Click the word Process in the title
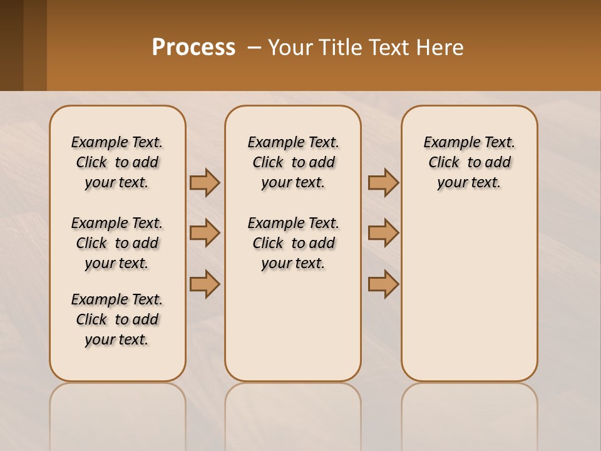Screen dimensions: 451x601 coord(193,48)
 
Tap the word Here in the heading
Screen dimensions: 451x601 coord(440,48)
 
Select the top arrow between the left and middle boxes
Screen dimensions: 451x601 coord(205,182)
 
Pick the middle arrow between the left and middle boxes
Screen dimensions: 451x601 coord(205,233)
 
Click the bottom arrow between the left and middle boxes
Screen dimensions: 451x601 coord(205,284)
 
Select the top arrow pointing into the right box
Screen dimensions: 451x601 coord(383,182)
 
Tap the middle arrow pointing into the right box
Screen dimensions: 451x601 coord(383,233)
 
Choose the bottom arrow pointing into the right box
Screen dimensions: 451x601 coord(383,284)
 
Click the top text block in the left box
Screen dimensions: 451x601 coord(117,162)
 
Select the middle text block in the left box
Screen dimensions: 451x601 coord(117,243)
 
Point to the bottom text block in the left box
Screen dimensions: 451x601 coord(117,319)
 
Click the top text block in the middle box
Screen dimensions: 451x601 coord(293,162)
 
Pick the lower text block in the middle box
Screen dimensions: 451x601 coord(293,243)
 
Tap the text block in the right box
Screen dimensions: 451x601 coord(469,162)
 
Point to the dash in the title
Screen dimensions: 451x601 coord(254,48)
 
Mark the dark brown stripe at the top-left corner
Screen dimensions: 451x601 coord(11,45)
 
